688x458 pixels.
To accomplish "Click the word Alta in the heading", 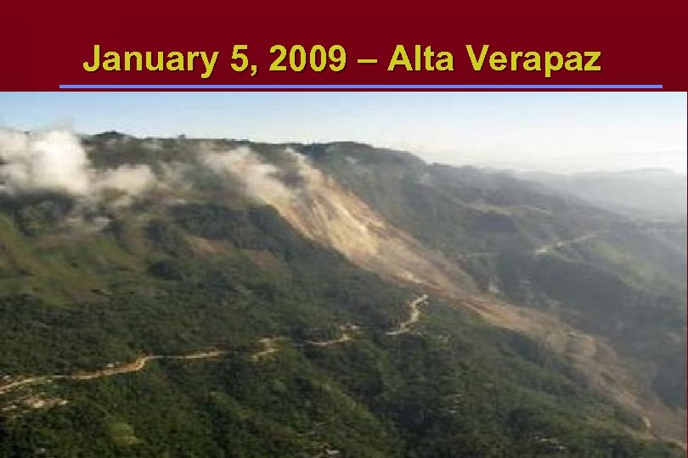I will click(x=421, y=59).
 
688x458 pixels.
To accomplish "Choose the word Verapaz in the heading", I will click(x=534, y=59).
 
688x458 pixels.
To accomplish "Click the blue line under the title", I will click(x=360, y=87).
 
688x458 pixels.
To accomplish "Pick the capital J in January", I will click(x=92, y=59).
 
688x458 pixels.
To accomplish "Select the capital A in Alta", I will click(x=400, y=59).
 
